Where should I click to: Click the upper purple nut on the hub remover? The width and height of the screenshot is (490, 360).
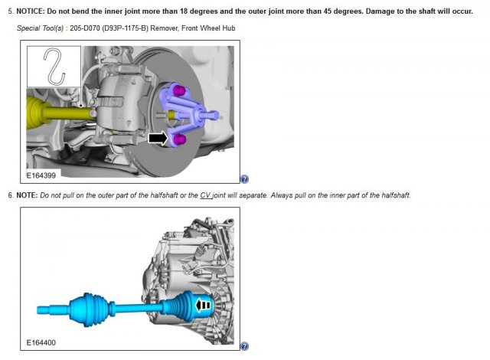click(181, 93)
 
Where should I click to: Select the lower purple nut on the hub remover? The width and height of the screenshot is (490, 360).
click(181, 140)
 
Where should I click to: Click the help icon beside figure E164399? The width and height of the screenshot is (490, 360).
click(244, 179)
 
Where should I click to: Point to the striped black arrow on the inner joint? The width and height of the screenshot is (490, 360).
click(203, 305)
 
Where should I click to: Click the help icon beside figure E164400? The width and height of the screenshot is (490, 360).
click(244, 345)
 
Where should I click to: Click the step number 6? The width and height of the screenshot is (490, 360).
click(10, 195)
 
